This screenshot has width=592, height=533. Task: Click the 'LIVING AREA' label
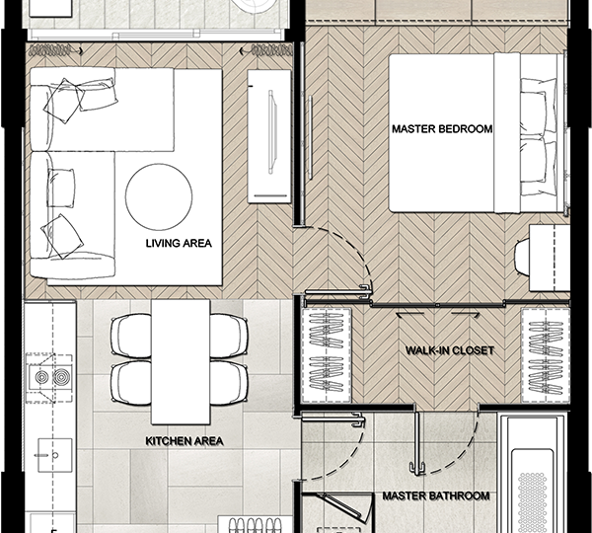pos(179,243)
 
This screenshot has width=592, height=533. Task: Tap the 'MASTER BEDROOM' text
pos(442,129)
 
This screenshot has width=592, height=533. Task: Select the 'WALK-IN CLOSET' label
pos(450,350)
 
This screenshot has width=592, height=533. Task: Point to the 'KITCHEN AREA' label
pos(185,441)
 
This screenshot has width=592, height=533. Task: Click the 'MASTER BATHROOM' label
pos(436,495)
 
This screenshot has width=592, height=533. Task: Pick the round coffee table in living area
pos(159,196)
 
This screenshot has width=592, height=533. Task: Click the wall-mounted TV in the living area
pos(272,132)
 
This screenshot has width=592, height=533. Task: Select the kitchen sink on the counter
pos(54,455)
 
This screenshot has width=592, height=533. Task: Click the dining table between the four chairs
pos(181,362)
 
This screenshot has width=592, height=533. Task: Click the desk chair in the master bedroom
pos(522,258)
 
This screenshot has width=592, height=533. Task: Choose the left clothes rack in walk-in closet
pos(326,355)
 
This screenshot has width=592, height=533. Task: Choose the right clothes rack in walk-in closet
pos(546,355)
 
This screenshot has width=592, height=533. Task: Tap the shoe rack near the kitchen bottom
pos(255,525)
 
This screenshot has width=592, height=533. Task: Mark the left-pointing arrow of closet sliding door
pos(409,314)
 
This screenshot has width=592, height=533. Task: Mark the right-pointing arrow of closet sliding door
pos(466,314)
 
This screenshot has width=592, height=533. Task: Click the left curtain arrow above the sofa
pos(56,50)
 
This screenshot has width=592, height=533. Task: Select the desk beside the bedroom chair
pos(550,258)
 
